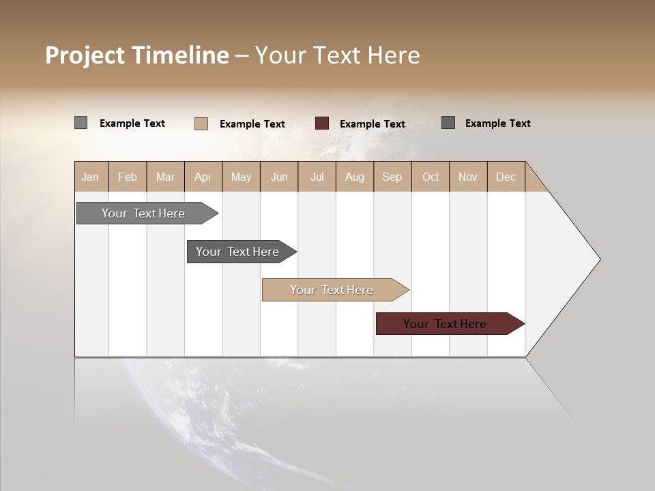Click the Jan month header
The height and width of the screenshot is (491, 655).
pyautogui.click(x=91, y=177)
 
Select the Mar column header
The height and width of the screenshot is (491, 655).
pyautogui.click(x=165, y=177)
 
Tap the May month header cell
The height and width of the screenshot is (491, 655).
pyautogui.click(x=241, y=177)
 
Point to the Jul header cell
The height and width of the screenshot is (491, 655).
pyautogui.click(x=317, y=177)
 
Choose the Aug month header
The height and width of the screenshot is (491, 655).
pyautogui.click(x=354, y=177)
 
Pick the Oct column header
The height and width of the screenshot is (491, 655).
pyautogui.click(x=431, y=177)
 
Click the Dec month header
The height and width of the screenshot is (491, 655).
pyautogui.click(x=506, y=177)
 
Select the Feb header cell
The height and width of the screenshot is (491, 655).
pyautogui.click(x=128, y=177)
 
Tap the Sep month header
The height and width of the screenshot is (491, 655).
pyautogui.click(x=392, y=177)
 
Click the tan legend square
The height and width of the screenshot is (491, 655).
pyautogui.click(x=201, y=123)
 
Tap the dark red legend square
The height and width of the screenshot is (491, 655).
pyautogui.click(x=322, y=123)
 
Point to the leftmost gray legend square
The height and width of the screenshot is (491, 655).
pyautogui.click(x=81, y=123)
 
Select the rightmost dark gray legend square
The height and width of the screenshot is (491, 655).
pyautogui.click(x=448, y=123)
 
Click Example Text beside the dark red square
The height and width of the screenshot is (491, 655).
pyautogui.click(x=372, y=124)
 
